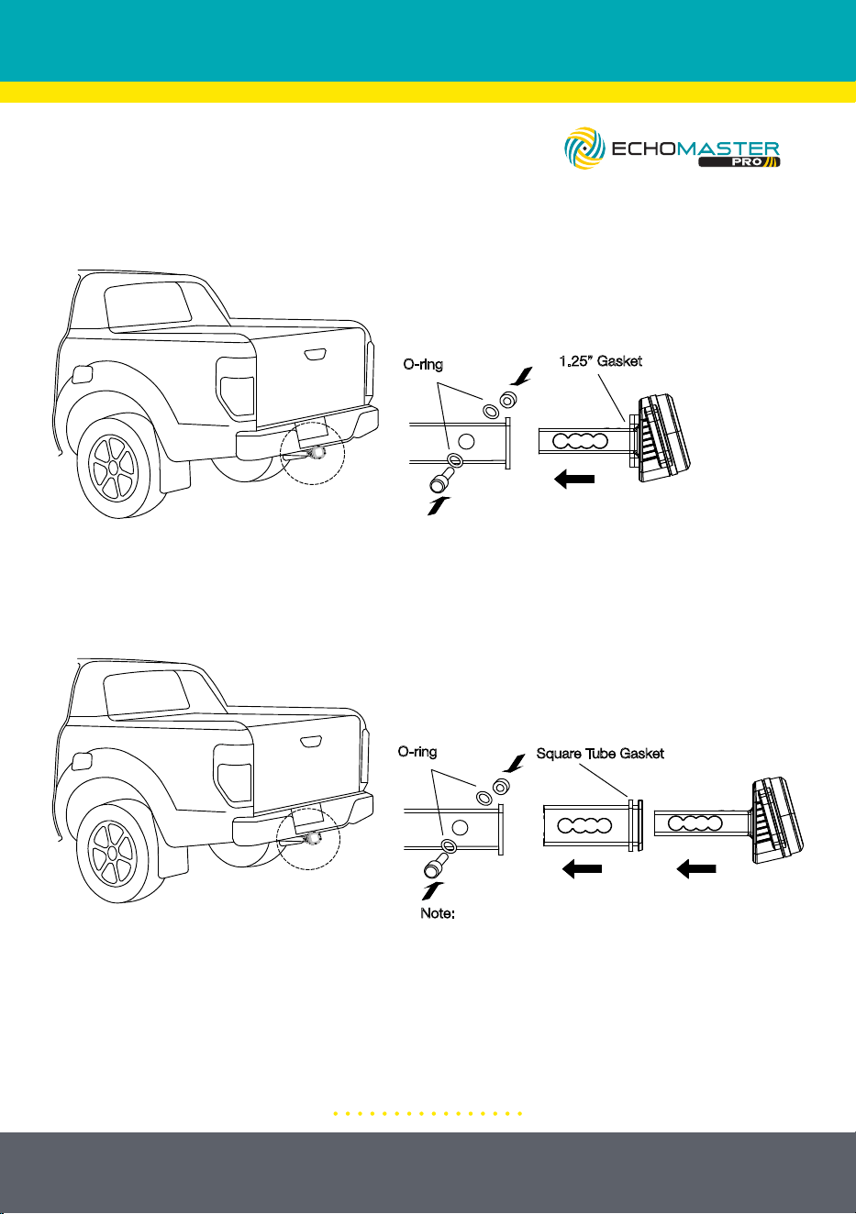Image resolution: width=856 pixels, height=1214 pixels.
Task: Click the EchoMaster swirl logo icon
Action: point(584,148)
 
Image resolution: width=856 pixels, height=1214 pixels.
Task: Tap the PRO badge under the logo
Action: point(739,161)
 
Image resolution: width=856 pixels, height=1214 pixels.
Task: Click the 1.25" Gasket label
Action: point(601,361)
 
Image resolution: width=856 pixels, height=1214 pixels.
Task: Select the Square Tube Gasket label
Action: point(600,754)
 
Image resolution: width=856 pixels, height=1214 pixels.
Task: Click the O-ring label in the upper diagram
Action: point(423,364)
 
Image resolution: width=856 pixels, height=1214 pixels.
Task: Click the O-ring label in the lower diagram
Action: point(417,752)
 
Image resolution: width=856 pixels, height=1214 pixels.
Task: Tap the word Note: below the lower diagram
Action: point(438,913)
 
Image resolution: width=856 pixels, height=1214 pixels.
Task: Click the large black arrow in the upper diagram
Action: point(574,480)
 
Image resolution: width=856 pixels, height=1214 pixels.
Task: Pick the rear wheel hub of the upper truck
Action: point(113,467)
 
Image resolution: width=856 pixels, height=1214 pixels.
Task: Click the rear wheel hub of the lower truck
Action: point(112,853)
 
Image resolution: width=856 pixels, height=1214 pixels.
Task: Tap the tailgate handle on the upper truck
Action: point(314,354)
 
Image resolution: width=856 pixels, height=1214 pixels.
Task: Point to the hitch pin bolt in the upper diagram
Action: point(440,481)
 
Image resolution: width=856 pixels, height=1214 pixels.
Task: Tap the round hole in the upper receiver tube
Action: point(466,442)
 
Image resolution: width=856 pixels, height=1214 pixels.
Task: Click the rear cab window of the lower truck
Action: point(145,695)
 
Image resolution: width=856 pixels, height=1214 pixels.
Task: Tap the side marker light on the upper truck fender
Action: point(82,374)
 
